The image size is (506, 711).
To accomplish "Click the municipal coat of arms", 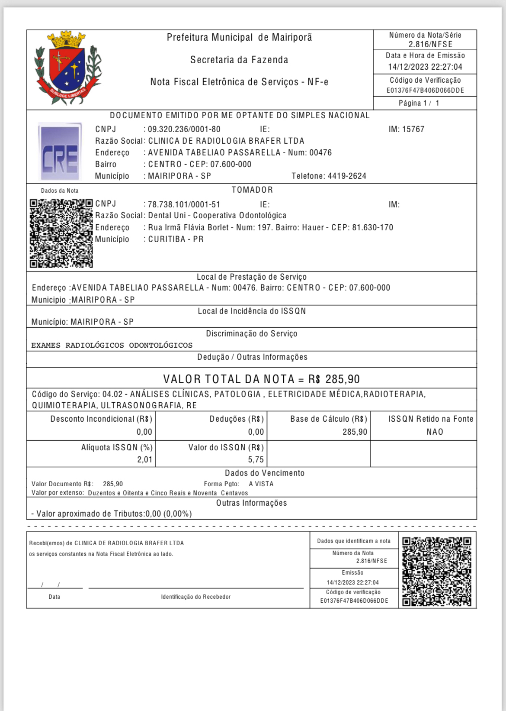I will click(68, 68).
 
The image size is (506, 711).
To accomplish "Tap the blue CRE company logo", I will click(60, 152).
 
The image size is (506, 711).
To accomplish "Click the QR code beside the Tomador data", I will click(61, 233).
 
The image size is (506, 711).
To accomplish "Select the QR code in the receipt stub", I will click(436, 572).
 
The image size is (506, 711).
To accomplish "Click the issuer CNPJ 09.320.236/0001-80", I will click(184, 129).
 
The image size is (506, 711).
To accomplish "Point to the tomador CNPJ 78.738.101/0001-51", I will click(184, 204).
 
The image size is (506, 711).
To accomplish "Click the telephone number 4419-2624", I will click(347, 176).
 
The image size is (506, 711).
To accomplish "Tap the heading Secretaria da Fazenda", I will click(239, 60).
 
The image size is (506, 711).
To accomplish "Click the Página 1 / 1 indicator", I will click(419, 103).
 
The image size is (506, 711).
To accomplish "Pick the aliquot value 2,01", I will click(145, 459).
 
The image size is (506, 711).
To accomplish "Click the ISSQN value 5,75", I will click(256, 459).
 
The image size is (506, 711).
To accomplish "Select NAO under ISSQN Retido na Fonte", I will click(435, 432).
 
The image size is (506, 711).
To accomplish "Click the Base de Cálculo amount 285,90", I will click(355, 432).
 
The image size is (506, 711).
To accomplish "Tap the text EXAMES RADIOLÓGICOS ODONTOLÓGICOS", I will click(112, 345).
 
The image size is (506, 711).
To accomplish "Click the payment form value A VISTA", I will click(261, 484).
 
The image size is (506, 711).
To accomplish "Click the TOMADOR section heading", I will click(252, 190).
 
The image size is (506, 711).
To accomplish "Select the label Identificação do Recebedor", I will click(196, 597).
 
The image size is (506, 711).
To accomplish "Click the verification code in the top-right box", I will click(425, 90).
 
